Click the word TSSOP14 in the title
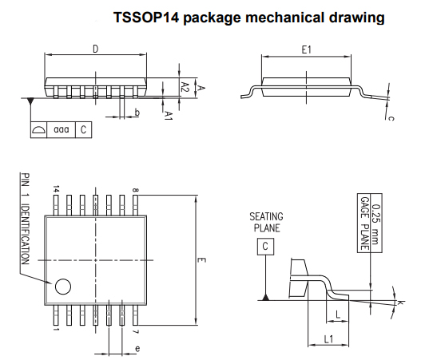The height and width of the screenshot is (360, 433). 146,18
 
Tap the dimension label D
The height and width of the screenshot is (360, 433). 95,49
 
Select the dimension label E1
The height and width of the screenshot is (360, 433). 306,50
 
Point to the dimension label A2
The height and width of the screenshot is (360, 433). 185,87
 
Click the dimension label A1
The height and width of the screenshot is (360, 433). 169,116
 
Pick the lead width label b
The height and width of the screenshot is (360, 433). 137,113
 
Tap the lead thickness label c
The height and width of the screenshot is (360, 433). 391,118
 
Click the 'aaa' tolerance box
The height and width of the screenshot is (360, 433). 62,129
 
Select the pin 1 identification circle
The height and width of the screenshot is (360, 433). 63,287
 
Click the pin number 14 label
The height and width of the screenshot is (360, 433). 56,189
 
